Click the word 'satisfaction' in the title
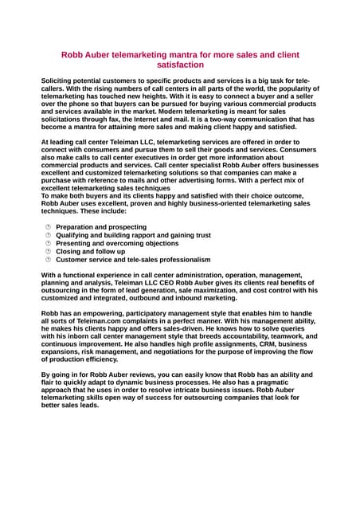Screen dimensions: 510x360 (180, 65)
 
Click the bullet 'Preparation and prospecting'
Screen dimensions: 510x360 (101, 227)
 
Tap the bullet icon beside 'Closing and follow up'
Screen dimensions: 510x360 (48, 252)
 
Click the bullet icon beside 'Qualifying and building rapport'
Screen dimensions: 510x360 (48, 235)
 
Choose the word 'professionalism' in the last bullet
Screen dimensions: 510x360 (182, 260)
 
